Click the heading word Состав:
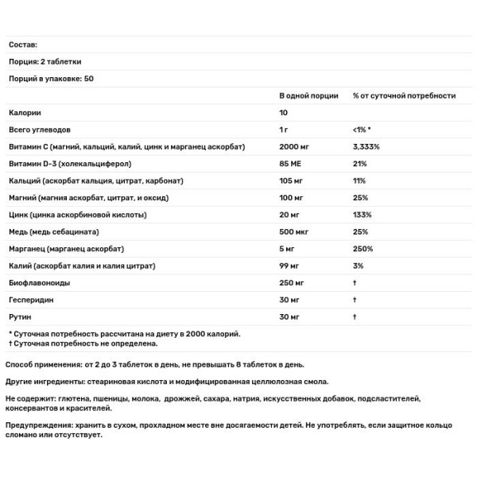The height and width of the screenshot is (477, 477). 22,45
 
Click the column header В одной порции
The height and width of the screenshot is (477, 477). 308,95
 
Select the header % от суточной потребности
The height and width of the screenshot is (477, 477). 403,95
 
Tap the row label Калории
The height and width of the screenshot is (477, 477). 24,113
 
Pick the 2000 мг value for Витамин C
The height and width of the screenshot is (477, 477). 294,147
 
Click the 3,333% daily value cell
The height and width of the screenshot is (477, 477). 366,147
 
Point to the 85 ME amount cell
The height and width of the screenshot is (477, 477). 290,164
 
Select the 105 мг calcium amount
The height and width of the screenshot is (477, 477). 292,180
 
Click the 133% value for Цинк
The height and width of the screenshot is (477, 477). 361,215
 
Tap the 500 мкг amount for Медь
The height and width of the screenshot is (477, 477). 295,231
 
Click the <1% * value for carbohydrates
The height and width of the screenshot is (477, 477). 362,130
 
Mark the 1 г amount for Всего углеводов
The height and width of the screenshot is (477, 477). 285,130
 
